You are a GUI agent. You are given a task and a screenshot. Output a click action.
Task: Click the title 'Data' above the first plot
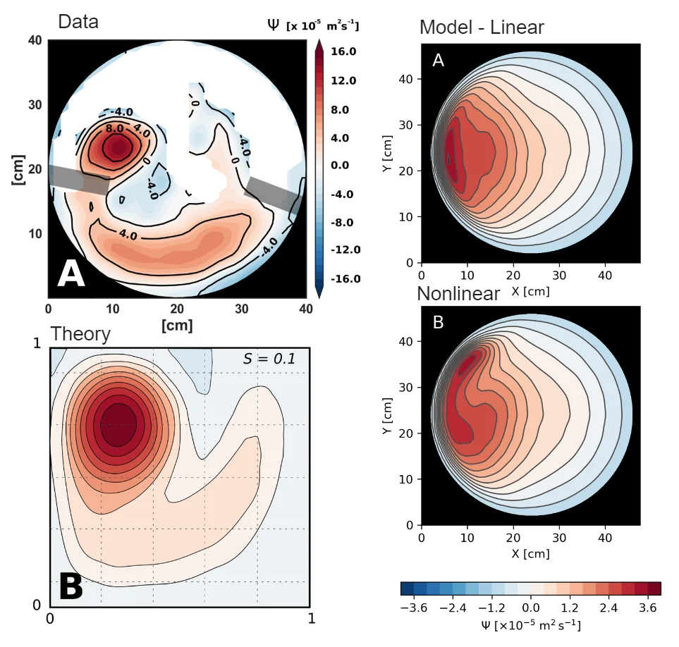click(78, 21)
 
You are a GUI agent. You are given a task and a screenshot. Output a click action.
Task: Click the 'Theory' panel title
click(80, 333)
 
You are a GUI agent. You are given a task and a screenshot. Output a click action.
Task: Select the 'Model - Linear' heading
click(482, 27)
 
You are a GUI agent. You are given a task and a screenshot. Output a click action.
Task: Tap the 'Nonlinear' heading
click(458, 293)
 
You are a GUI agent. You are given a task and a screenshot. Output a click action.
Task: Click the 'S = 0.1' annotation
click(269, 359)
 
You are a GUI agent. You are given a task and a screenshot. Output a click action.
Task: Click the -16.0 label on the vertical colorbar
click(344, 278)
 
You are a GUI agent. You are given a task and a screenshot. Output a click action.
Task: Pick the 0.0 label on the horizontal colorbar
click(531, 608)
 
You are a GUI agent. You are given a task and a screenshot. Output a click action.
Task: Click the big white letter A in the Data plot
click(71, 273)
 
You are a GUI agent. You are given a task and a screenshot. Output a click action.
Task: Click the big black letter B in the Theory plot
click(71, 586)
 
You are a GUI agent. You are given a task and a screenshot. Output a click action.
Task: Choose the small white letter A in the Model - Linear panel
click(438, 61)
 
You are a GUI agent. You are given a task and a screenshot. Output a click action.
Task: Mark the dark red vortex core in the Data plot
click(116, 147)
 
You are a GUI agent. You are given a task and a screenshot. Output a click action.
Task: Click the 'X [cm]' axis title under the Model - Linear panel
click(530, 290)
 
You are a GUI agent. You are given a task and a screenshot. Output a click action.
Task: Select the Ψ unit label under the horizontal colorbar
click(531, 624)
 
